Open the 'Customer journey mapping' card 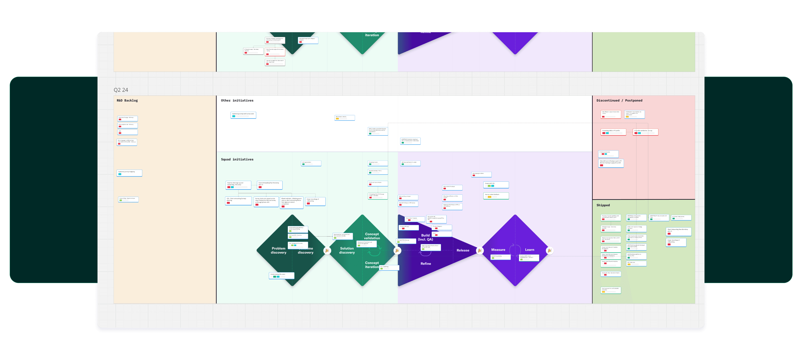(129, 173)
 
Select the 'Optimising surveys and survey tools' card (243, 115)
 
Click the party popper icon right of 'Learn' (549, 250)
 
